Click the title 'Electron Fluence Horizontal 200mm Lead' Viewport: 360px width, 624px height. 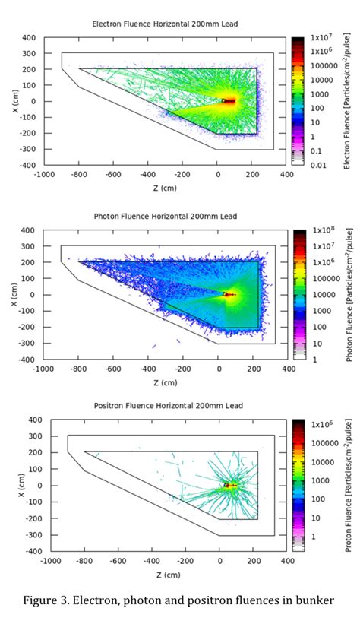165,24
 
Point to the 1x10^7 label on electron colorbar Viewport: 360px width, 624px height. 319,37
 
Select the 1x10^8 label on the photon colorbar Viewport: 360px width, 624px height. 319,230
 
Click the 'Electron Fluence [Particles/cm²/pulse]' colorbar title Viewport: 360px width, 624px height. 346,101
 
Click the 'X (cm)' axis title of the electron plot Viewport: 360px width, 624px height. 15,101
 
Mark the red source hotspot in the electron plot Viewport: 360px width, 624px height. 229,100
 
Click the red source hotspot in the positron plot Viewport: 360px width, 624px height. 229,484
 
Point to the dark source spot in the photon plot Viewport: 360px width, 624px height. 226,294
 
